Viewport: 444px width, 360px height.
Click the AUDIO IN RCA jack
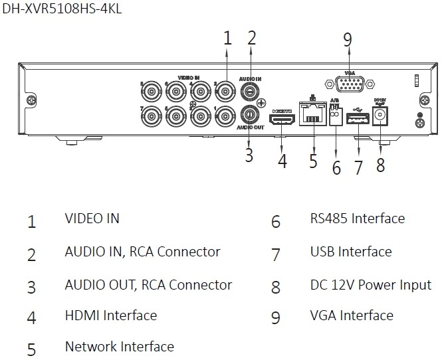pyautogui.click(x=251, y=90)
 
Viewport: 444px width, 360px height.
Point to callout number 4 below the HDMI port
pyautogui.click(x=282, y=161)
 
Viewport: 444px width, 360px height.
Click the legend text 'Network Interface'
pyautogui.click(x=119, y=346)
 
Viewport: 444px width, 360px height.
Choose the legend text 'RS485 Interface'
pyautogui.click(x=357, y=218)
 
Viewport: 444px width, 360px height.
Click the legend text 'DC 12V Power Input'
pyautogui.click(x=370, y=285)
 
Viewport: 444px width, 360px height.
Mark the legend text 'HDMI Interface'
pyautogui.click(x=110, y=315)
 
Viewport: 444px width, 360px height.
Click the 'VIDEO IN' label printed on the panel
pyautogui.click(x=189, y=78)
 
